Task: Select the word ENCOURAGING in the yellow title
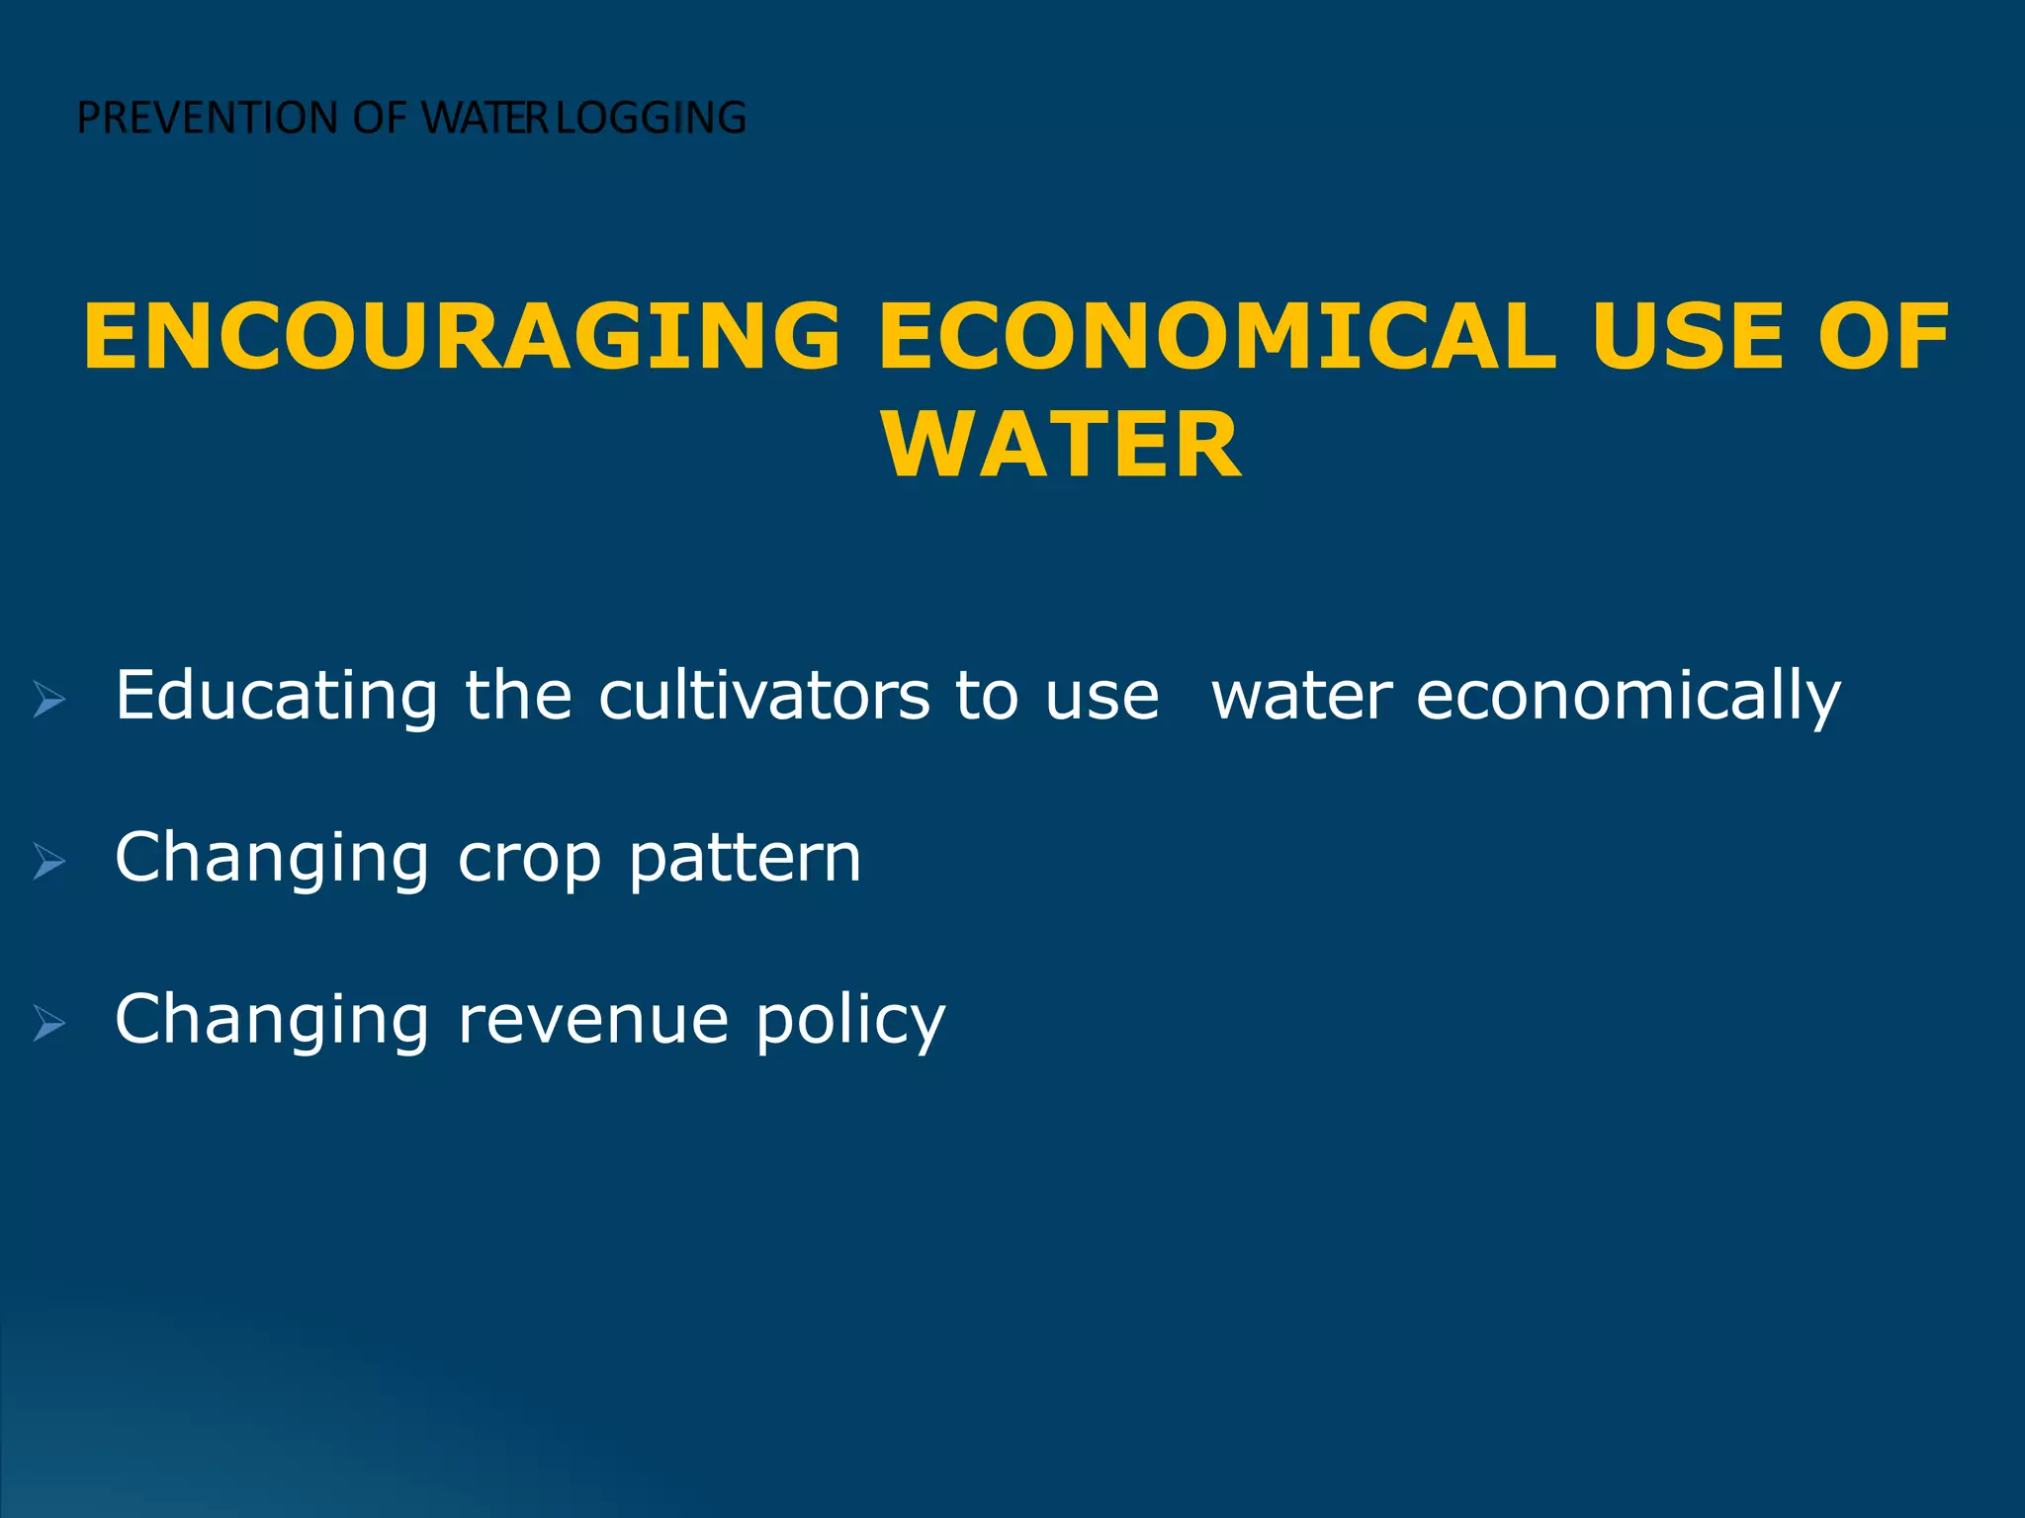[x=462, y=337]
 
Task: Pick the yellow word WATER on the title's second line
[x=1062, y=446]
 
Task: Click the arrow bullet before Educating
[x=49, y=700]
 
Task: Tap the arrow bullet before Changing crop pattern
[x=49, y=862]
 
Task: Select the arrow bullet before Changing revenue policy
[x=49, y=1023]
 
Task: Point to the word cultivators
[x=763, y=696]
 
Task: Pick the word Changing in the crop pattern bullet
[x=272, y=858]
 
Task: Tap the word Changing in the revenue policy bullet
[x=272, y=1020]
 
